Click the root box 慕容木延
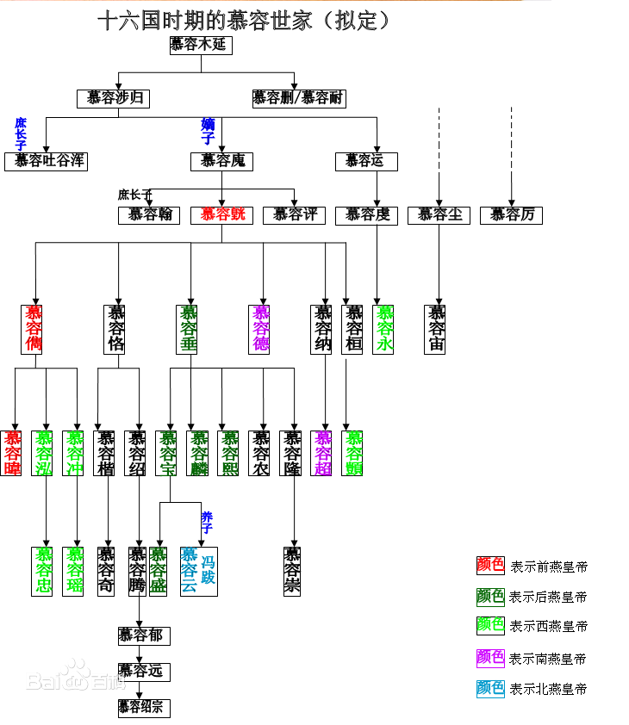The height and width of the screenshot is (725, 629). pyautogui.click(x=201, y=45)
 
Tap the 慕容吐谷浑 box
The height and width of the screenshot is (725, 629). pyautogui.click(x=46, y=161)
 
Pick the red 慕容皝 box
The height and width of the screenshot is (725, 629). pyautogui.click(x=221, y=214)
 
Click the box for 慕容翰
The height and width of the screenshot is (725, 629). pyautogui.click(x=149, y=214)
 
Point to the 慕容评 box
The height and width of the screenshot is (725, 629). pyautogui.click(x=294, y=214)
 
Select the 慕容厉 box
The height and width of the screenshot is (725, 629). pyautogui.click(x=511, y=214)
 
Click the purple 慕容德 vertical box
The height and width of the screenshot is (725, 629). pyautogui.click(x=259, y=329)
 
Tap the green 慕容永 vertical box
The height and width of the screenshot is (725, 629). pyautogui.click(x=383, y=329)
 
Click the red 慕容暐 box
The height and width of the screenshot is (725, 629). pyautogui.click(x=11, y=453)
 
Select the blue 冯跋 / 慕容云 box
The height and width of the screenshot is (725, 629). pyautogui.click(x=199, y=571)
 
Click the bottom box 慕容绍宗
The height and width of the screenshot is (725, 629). pyautogui.click(x=144, y=708)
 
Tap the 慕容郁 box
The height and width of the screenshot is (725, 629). pyautogui.click(x=144, y=635)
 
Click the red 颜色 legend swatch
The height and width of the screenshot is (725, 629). pyautogui.click(x=490, y=565)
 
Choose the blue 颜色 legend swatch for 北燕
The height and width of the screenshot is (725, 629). pyautogui.click(x=490, y=688)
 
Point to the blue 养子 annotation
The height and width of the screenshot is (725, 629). pyautogui.click(x=207, y=522)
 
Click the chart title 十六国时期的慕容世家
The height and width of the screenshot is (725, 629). pyautogui.click(x=244, y=19)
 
